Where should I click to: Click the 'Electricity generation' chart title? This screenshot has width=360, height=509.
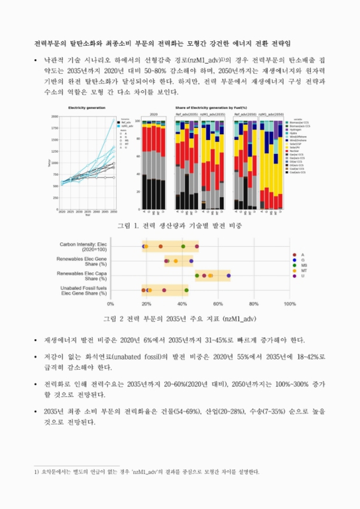[87, 108]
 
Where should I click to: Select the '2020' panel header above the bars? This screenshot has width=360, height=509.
[153, 115]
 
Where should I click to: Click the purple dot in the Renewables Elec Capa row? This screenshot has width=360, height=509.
[228, 275]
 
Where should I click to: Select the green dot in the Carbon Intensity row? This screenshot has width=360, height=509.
[183, 246]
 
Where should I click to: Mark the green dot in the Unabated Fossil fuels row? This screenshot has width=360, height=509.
[186, 290]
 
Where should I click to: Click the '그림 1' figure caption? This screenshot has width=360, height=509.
[179, 226]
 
